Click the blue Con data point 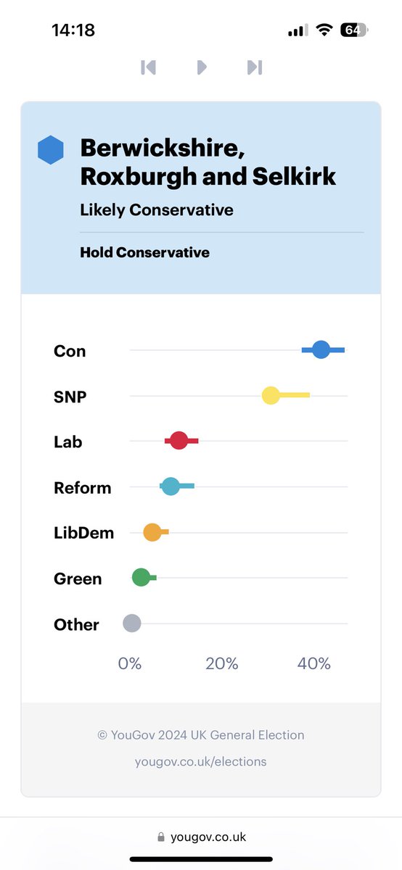coord(321,350)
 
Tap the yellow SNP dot coord(271,396)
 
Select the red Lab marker coord(179,441)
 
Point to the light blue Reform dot coord(171,486)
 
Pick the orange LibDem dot coord(152,532)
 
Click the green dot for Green coord(141,578)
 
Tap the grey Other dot coord(131,623)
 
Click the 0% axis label coord(130,663)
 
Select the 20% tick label coord(221,663)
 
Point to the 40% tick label coord(314,663)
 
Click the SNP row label coord(70,397)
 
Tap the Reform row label coord(83,488)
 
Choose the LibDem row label coord(83,533)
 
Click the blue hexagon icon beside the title coord(51,150)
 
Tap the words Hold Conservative coord(144,253)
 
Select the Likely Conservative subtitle coord(157,210)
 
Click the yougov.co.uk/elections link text coord(201,761)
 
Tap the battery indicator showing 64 coord(354,30)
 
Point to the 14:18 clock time coord(73,30)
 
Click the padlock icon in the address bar coord(160,837)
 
